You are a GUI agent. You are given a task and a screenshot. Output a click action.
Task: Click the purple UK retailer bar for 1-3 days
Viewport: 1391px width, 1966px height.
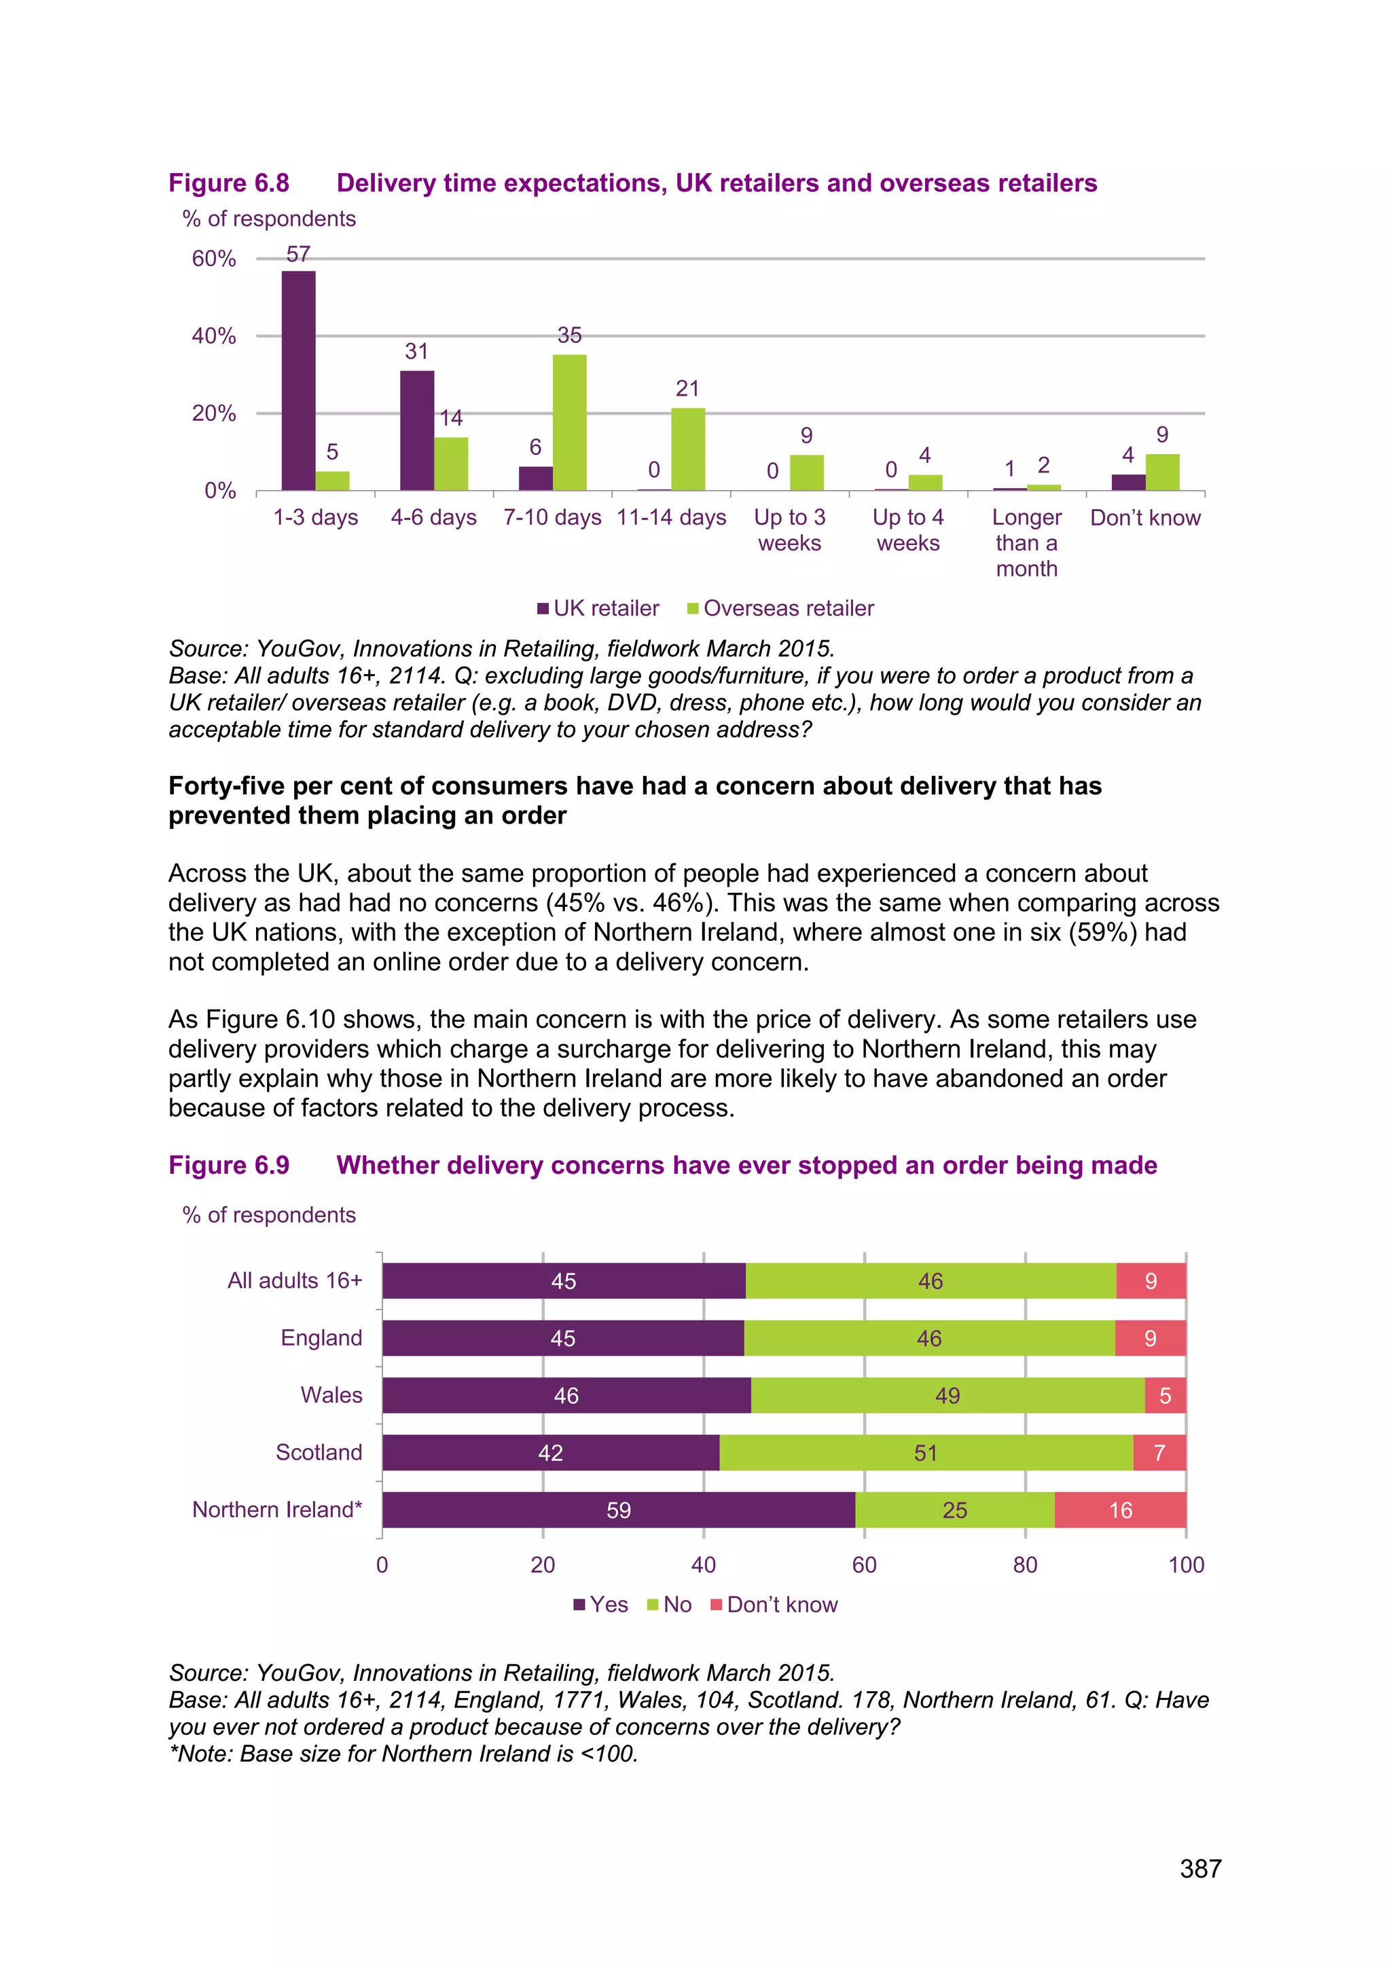tap(298, 380)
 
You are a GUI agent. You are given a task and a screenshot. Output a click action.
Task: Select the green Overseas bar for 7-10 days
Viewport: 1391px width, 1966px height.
tap(570, 422)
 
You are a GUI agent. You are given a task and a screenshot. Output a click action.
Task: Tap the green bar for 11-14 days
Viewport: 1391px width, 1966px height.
tap(688, 449)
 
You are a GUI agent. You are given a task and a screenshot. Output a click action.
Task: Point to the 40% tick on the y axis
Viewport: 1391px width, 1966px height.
tap(214, 335)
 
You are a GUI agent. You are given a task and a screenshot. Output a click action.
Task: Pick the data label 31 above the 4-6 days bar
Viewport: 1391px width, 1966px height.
tap(416, 351)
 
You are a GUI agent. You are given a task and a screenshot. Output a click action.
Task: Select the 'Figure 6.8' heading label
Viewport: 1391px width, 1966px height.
tap(229, 183)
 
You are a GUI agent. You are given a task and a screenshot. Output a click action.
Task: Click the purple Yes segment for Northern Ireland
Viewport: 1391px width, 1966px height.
tap(619, 1510)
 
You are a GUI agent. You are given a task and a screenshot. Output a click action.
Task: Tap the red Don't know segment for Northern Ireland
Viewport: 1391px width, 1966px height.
tap(1120, 1510)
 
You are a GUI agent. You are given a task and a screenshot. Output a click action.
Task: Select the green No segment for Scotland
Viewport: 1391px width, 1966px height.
tap(925, 1452)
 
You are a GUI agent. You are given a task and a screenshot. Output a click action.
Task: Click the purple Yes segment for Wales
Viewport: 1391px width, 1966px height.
tap(566, 1395)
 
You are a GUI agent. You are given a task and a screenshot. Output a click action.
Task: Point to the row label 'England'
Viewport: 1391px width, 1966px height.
tap(321, 1337)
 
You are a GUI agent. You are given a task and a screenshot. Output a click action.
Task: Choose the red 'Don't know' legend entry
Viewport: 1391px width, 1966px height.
tap(774, 1605)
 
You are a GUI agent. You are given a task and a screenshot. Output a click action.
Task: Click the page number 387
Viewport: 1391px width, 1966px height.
tap(1200, 1868)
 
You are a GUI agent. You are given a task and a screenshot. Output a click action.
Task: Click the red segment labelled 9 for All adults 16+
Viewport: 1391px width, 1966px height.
tap(1151, 1281)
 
